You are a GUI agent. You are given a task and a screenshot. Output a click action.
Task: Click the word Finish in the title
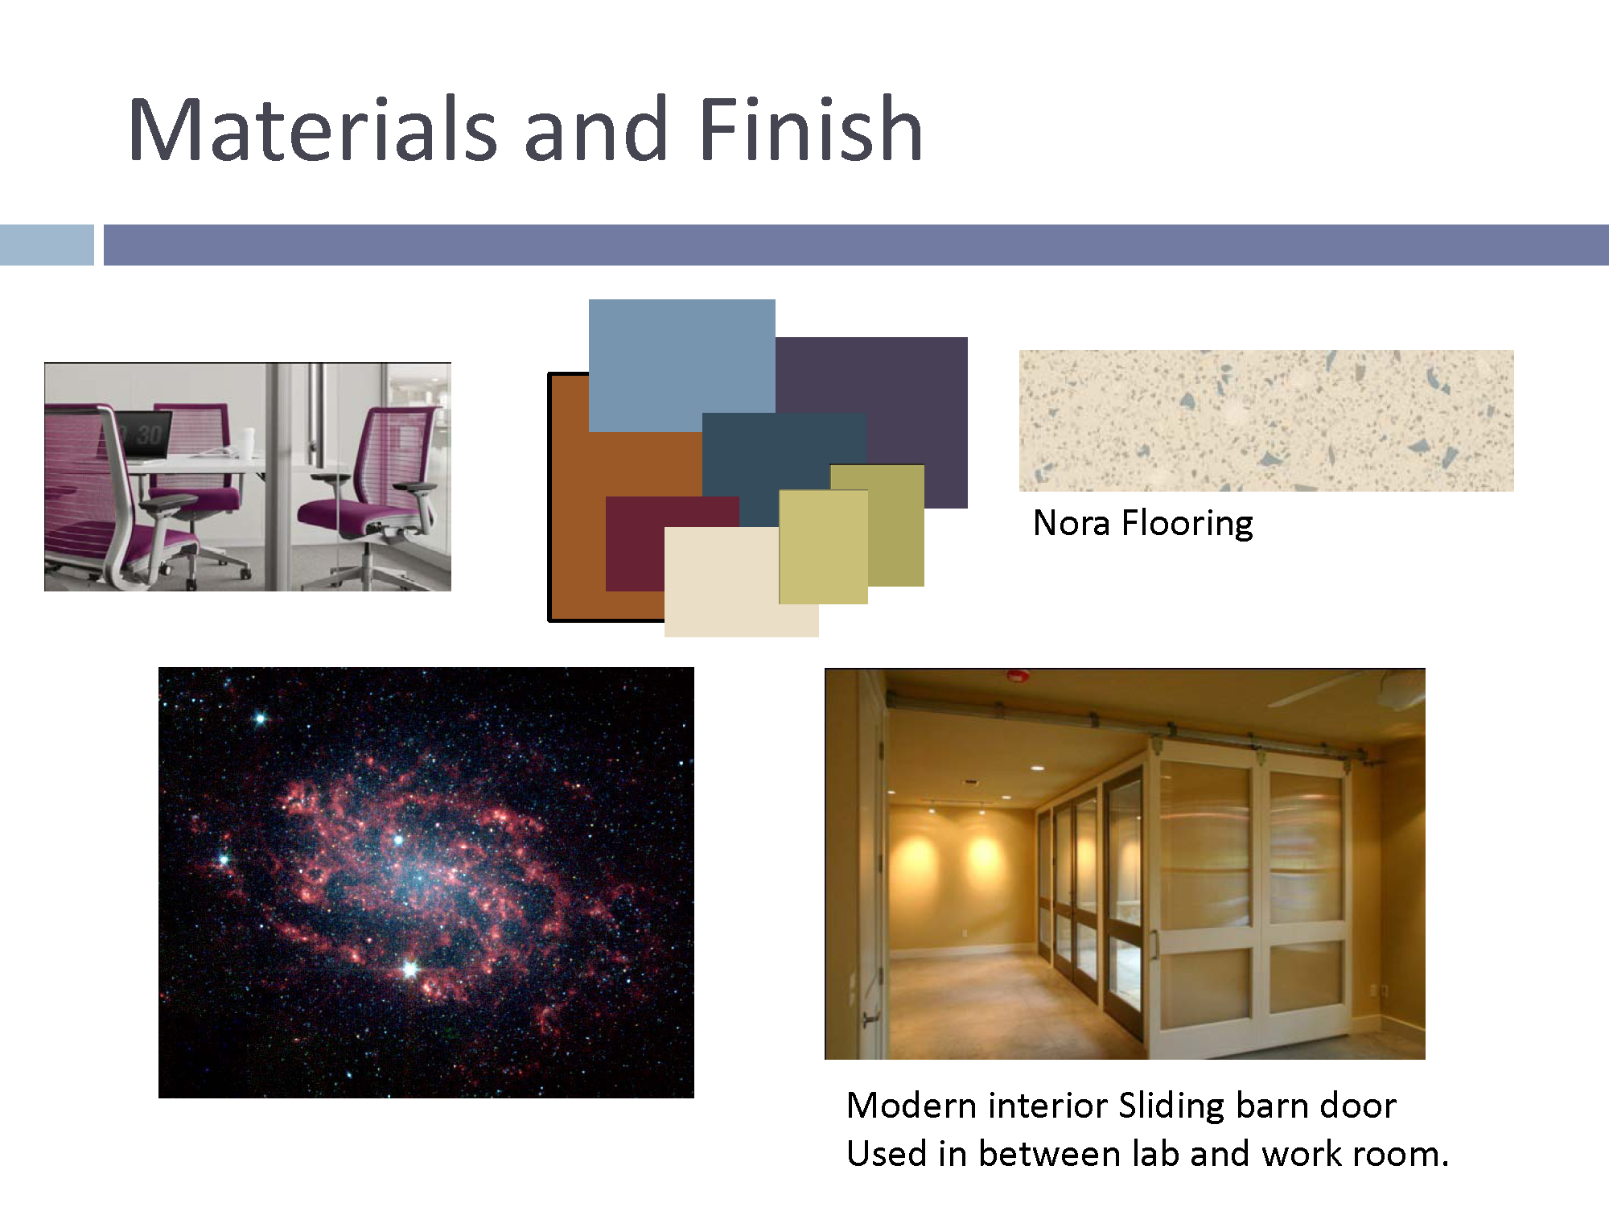click(x=811, y=129)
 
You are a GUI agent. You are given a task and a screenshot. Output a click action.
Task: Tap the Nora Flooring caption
click(x=1142, y=523)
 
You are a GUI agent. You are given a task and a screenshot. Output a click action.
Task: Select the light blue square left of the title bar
click(x=47, y=245)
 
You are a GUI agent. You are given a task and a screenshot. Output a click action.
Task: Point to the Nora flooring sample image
click(x=1266, y=420)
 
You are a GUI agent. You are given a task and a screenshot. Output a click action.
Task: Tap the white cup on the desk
click(x=246, y=441)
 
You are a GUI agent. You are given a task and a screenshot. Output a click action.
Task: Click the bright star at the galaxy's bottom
click(x=410, y=969)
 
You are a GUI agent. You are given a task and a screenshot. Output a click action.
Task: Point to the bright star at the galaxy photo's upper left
click(x=260, y=719)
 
